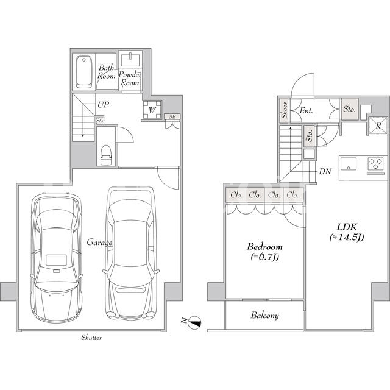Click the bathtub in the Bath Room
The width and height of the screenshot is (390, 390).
click(84, 72)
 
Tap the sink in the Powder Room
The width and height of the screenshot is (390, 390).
click(130, 60)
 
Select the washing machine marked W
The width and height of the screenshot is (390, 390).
click(152, 110)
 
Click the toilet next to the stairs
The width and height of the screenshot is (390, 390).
click(105, 155)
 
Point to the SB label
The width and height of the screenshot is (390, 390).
click(172, 116)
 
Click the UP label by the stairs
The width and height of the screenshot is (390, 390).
click(103, 105)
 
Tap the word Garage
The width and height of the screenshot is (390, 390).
click(99, 243)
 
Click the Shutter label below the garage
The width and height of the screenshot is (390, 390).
click(91, 338)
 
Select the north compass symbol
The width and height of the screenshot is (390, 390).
click(194, 322)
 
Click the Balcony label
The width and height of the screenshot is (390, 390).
click(264, 316)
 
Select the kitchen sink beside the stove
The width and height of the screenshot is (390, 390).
click(349, 164)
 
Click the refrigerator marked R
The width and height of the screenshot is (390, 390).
click(378, 126)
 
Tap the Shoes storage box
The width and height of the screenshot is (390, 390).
click(284, 110)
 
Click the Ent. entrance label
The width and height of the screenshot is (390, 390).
click(306, 110)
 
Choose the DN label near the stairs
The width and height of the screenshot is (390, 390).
click(325, 171)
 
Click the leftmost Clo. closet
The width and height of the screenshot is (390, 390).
click(236, 195)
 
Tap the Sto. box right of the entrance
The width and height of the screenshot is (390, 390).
click(350, 109)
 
